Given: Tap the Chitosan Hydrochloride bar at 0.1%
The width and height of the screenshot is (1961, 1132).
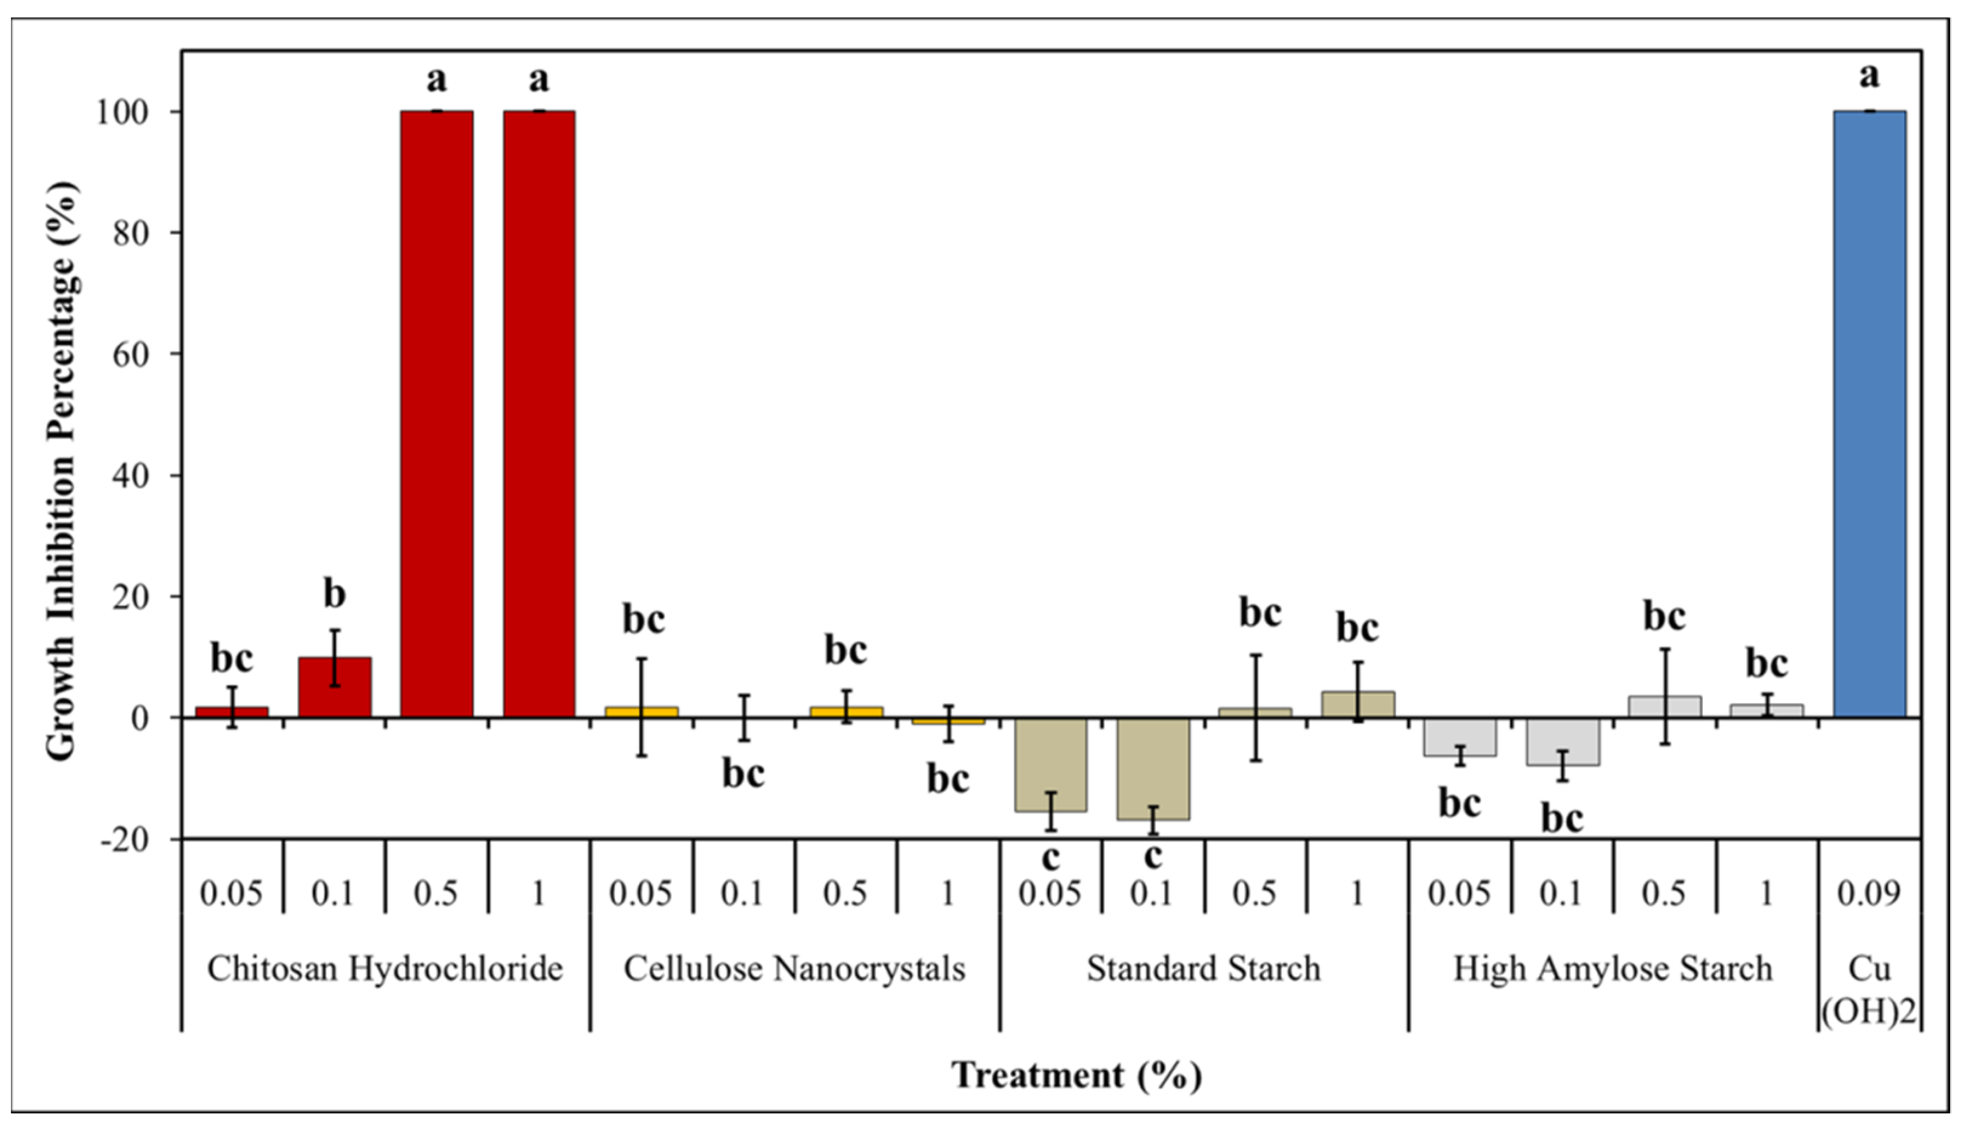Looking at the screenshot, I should (335, 687).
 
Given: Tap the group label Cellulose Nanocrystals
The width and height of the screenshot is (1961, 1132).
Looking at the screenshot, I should (794, 969).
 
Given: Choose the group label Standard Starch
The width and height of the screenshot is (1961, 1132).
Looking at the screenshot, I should (1204, 969).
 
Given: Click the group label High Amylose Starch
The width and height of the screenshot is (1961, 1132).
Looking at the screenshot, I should (1612, 969).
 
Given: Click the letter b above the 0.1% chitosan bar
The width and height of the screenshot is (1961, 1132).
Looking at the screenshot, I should (335, 594).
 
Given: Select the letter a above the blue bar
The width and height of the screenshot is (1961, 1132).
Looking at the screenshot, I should (1869, 76).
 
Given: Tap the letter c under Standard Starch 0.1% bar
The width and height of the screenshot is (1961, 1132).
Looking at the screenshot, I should (1153, 856).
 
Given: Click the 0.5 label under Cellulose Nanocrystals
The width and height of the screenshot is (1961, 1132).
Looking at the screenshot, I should (845, 893).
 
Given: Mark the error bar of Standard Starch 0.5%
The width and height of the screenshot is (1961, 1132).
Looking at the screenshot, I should (1255, 708).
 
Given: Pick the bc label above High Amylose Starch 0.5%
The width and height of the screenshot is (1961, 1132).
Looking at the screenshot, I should (1664, 616).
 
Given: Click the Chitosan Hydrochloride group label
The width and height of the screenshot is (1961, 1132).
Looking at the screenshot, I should (385, 969).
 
